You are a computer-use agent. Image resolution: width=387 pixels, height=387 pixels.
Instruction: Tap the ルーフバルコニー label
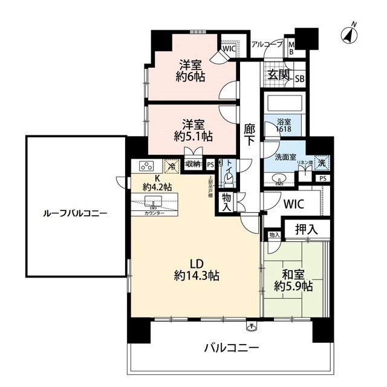pyautogui.click(x=75, y=213)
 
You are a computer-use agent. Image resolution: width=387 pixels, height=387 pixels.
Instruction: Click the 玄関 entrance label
pyautogui.click(x=279, y=76)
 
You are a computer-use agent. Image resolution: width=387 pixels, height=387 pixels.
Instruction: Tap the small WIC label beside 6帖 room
pyautogui.click(x=229, y=48)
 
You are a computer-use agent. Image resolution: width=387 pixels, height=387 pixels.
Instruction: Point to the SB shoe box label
pyautogui.click(x=299, y=77)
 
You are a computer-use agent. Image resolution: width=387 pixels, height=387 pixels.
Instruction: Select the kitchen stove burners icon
pyautogui.click(x=148, y=166)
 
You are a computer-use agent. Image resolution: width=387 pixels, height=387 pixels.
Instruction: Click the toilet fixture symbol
pyautogui.click(x=229, y=174)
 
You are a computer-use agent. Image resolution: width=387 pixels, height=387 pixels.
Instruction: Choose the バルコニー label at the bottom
pyautogui.click(x=231, y=348)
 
